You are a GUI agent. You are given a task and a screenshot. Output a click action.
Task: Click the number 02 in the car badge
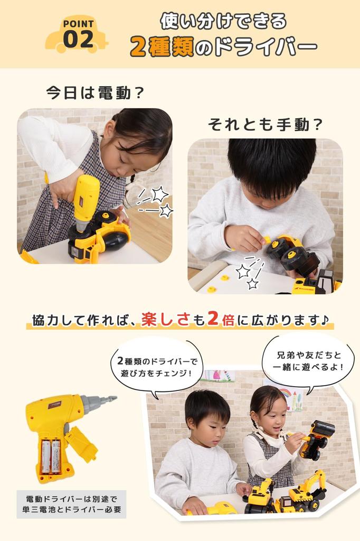click(x=78, y=39)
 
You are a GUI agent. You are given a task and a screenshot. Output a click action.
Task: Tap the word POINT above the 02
click(x=78, y=24)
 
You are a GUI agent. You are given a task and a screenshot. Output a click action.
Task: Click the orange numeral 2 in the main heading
click(x=138, y=47)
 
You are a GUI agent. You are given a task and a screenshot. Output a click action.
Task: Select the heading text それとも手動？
click(x=265, y=125)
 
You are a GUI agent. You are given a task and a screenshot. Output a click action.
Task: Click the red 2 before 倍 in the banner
click(x=214, y=321)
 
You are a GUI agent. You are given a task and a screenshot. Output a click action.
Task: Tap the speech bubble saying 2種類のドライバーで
click(x=157, y=367)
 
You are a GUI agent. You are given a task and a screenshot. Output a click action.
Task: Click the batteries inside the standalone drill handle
click(x=51, y=456)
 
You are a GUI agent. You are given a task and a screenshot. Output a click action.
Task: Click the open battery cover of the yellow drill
click(x=82, y=444)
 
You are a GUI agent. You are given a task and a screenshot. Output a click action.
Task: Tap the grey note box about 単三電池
click(x=71, y=504)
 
